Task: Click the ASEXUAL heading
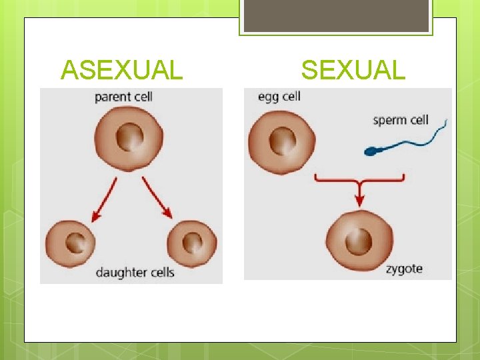(121, 69)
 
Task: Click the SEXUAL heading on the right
(353, 69)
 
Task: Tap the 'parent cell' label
(123, 97)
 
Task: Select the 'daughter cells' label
(135, 272)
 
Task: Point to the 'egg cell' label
(279, 97)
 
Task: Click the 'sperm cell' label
(400, 121)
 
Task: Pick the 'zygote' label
(403, 269)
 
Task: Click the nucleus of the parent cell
(128, 138)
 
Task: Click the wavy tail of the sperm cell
(417, 139)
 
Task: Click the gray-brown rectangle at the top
(336, 16)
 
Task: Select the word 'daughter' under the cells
(119, 272)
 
